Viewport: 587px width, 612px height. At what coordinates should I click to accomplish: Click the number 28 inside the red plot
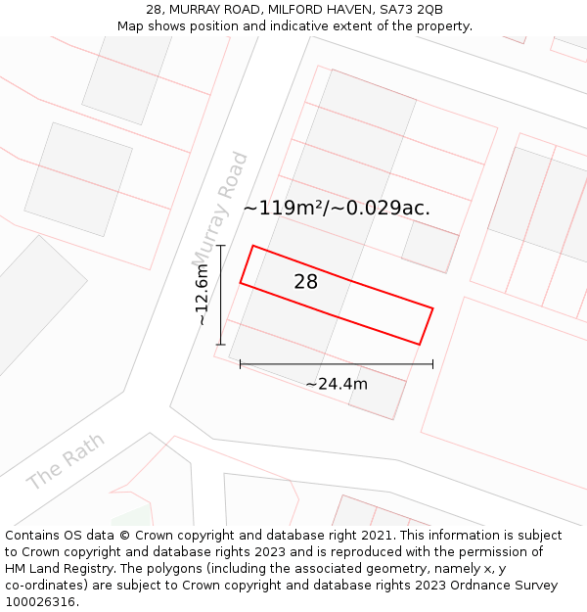click(x=306, y=282)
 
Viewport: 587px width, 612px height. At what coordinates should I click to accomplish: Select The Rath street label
click(x=66, y=462)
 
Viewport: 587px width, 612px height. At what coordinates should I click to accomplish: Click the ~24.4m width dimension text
click(x=337, y=384)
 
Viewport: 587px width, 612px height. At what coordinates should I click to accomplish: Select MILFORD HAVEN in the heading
click(x=314, y=10)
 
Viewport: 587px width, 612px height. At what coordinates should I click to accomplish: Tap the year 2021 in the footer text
click(x=377, y=536)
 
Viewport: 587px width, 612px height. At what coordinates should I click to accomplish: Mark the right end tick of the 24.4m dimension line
click(x=432, y=364)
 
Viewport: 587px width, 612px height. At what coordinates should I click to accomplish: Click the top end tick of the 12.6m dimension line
click(x=221, y=246)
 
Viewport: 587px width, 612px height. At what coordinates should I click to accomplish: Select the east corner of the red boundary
click(x=432, y=308)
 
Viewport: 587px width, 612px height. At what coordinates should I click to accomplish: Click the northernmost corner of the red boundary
click(x=253, y=246)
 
